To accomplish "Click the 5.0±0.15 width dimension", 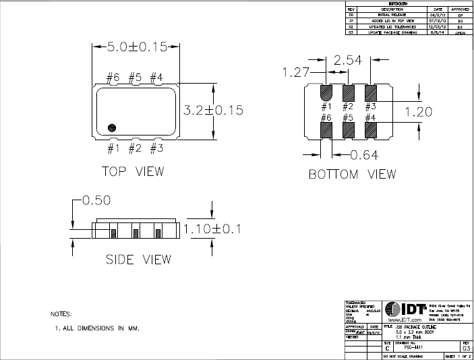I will (137, 47).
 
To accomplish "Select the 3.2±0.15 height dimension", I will (214, 109).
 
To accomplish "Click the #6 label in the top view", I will (113, 78).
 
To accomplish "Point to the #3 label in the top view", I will (156, 147).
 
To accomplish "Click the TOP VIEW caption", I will (133, 171).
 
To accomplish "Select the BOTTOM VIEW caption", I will (352, 175).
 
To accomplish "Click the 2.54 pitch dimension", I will (348, 61).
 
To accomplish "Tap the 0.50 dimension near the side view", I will (96, 200).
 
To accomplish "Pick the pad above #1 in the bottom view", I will (326, 92).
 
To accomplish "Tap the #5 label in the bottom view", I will (348, 118).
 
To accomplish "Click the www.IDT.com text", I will (405, 319).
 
